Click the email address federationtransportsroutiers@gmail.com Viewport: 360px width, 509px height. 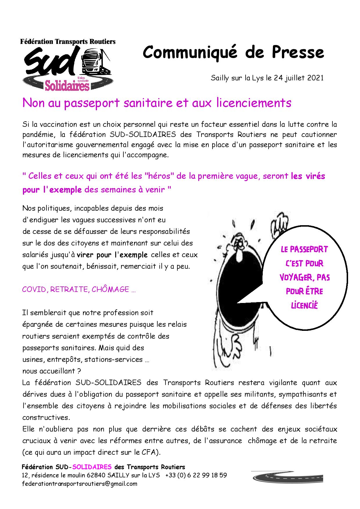click(x=80, y=483)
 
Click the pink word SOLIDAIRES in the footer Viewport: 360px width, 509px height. click(x=92, y=467)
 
